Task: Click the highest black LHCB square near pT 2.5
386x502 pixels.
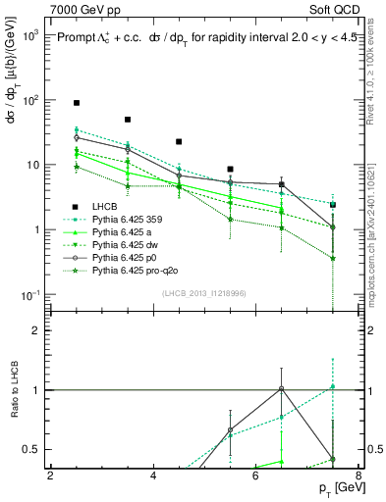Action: tap(77, 103)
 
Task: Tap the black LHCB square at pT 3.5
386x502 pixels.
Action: tap(128, 120)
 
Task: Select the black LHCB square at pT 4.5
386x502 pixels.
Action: tap(179, 142)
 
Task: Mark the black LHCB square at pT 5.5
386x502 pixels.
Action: tap(230, 169)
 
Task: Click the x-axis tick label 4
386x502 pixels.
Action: tap(153, 477)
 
